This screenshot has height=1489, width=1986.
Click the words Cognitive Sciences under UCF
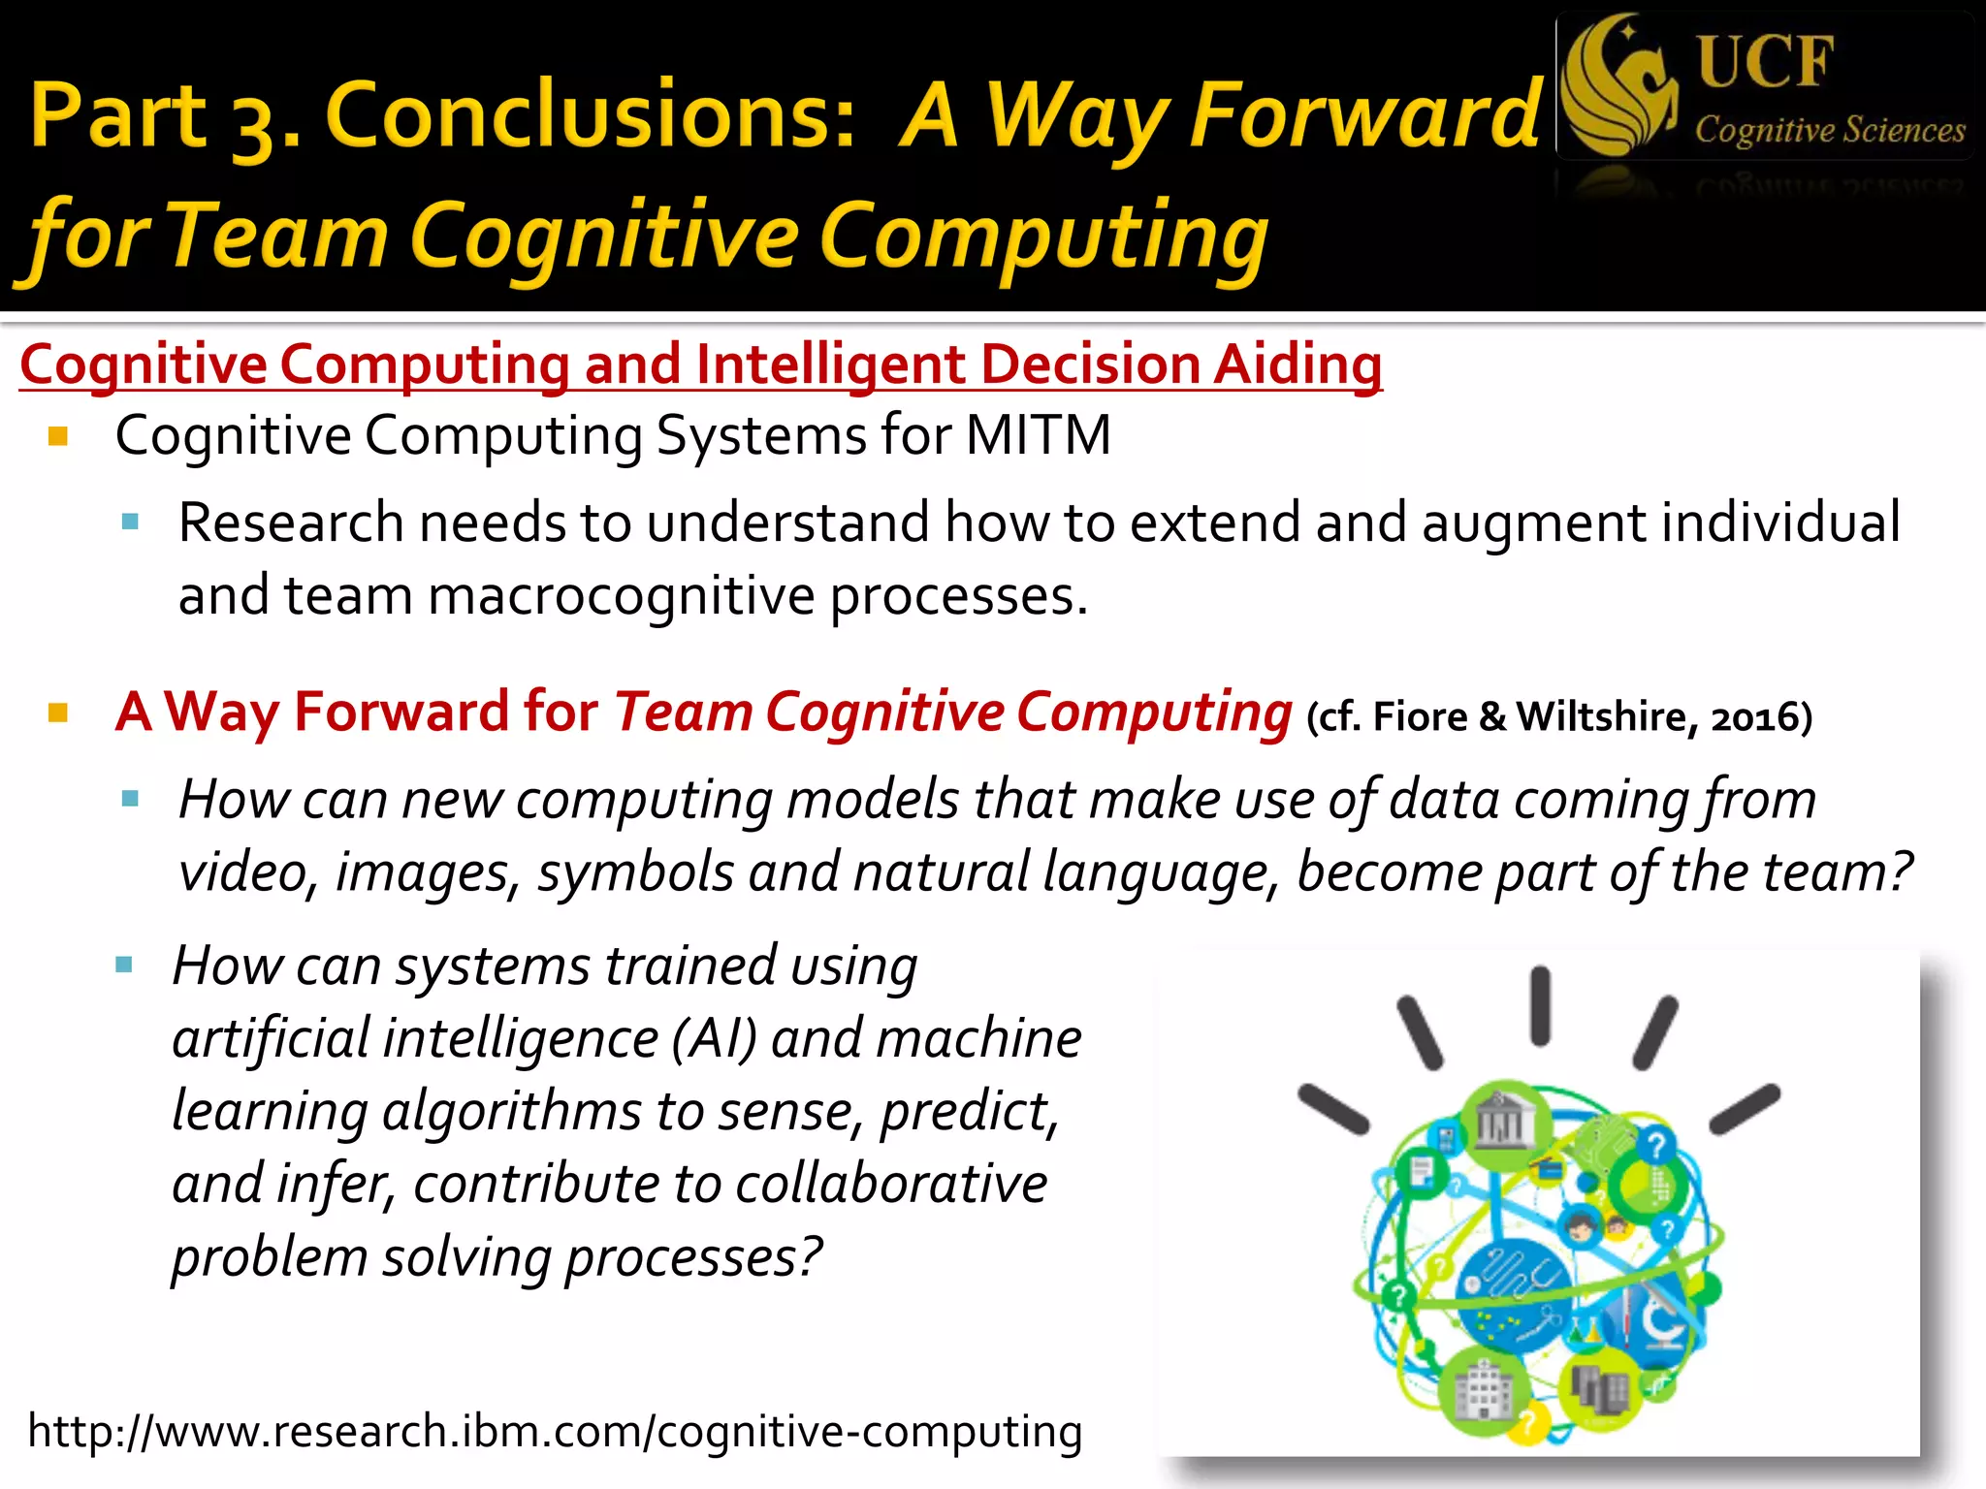point(1829,130)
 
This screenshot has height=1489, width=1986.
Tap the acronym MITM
point(1038,435)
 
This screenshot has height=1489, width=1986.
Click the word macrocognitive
point(621,595)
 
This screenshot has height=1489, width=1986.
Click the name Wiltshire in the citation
point(1607,717)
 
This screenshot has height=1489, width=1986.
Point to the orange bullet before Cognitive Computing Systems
point(58,436)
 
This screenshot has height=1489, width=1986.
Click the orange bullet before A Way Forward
point(58,714)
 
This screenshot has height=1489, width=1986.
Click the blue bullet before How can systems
point(124,966)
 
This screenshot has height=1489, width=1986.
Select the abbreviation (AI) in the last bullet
point(714,1039)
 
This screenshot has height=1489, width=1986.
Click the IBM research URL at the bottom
point(555,1432)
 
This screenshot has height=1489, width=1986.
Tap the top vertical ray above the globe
point(1540,1006)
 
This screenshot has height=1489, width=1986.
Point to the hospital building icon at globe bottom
point(1482,1391)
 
